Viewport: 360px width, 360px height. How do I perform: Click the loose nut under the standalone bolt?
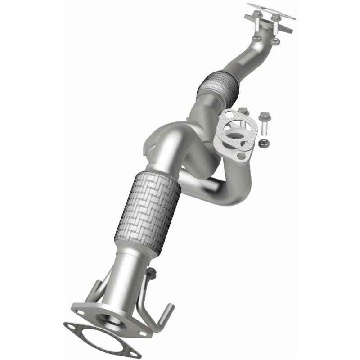[x=263, y=144]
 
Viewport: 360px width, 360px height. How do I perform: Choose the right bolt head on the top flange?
[x=275, y=18]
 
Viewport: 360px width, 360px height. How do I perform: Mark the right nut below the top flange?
[x=276, y=41]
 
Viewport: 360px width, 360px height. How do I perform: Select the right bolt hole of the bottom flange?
[x=144, y=333]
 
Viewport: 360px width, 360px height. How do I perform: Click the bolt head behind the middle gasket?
[x=243, y=110]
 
